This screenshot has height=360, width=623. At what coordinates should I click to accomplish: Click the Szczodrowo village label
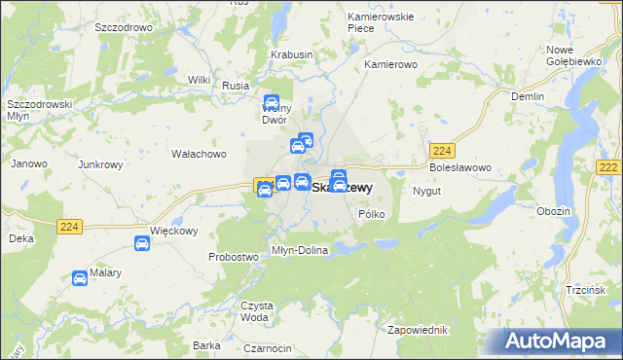pyautogui.click(x=124, y=28)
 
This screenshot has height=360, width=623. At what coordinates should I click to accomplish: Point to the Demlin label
pyautogui.click(x=527, y=96)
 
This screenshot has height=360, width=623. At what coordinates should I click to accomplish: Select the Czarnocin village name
pyautogui.click(x=268, y=348)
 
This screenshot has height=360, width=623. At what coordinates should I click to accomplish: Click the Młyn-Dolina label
pyautogui.click(x=301, y=250)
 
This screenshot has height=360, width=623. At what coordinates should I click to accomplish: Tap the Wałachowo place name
pyautogui.click(x=199, y=154)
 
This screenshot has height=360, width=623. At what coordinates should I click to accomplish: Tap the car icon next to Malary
pyautogui.click(x=80, y=279)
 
